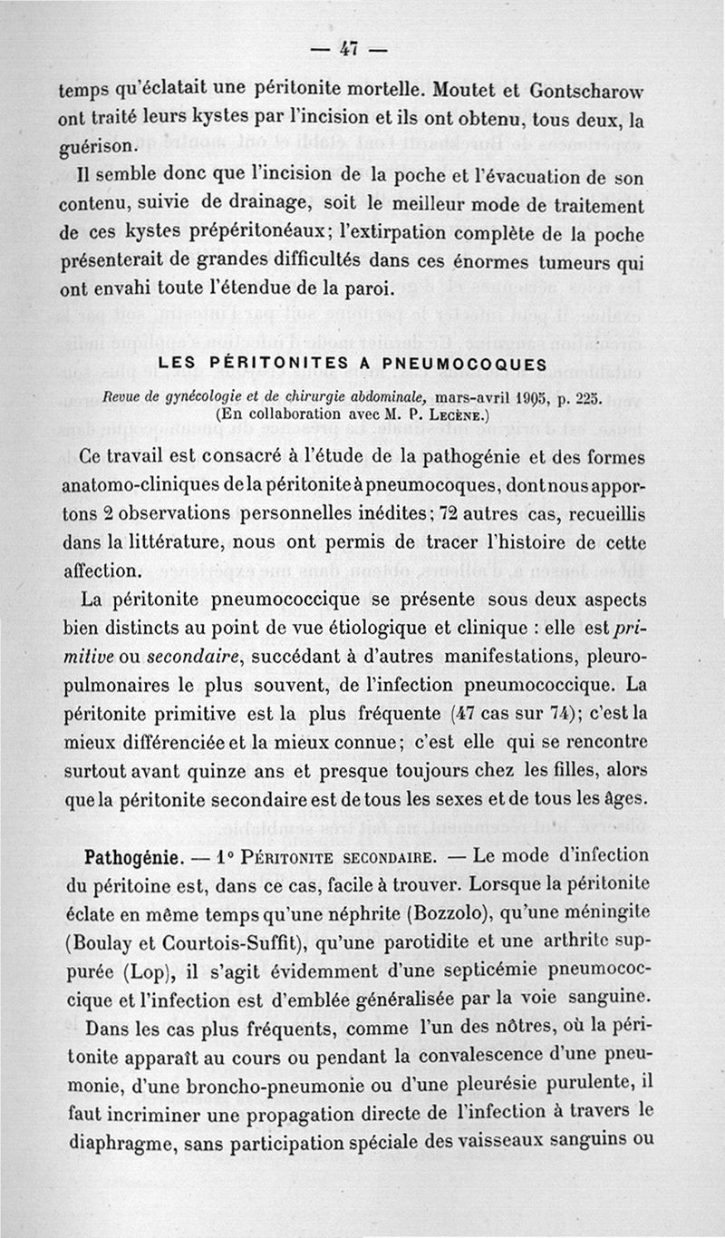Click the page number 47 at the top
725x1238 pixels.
point(362,49)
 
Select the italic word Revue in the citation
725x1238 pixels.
point(123,396)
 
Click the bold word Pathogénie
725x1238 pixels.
point(129,856)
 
